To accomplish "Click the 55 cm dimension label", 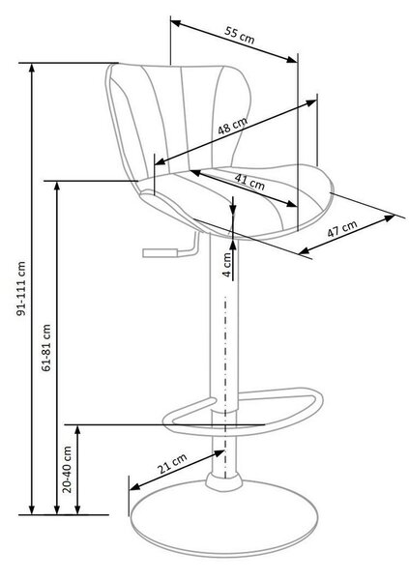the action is click(x=240, y=35).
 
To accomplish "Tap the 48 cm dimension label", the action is click(x=232, y=126).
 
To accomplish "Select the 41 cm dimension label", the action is click(x=249, y=181).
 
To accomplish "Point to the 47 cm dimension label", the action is click(x=342, y=229).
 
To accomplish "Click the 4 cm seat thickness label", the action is click(x=227, y=265).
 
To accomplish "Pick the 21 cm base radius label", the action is click(x=172, y=464).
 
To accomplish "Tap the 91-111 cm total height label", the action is click(x=22, y=288).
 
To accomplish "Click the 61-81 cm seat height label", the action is click(x=46, y=348).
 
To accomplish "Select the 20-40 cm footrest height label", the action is click(x=67, y=469).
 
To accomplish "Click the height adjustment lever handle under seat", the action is click(x=160, y=252).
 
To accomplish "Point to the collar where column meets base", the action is click(x=224, y=482).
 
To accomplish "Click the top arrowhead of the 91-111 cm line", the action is click(x=32, y=69).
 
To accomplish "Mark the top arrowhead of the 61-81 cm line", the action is click(x=57, y=186).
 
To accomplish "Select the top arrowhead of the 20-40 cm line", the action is click(x=77, y=430).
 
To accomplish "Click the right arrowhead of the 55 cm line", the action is click(x=292, y=59).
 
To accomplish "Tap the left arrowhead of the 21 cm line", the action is click(x=135, y=486).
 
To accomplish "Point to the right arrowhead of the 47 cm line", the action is click(x=390, y=217).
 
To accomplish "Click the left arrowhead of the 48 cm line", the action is click(x=160, y=161).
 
